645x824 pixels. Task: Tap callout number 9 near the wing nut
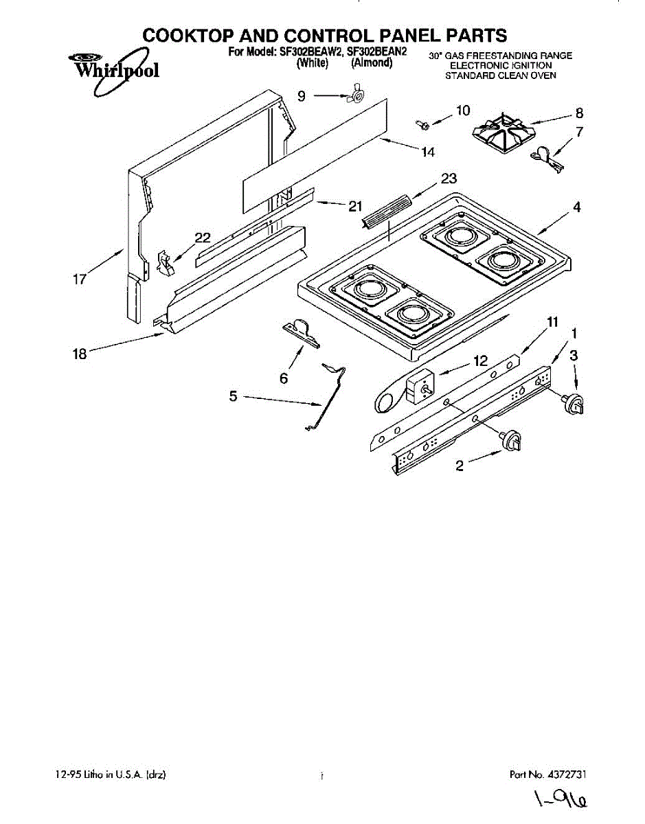[x=302, y=97]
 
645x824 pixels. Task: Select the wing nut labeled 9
[x=356, y=96]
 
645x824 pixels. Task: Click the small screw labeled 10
[x=421, y=124]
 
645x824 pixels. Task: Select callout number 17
[x=80, y=279]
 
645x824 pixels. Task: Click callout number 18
[x=80, y=354]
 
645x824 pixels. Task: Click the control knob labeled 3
[x=575, y=404]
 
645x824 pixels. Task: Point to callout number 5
[x=233, y=396]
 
